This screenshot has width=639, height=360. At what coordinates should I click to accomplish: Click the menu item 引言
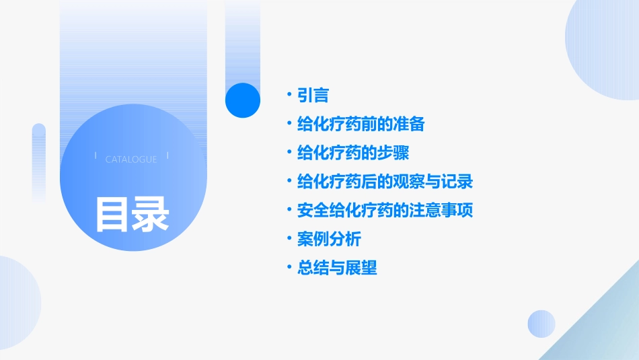tap(313, 96)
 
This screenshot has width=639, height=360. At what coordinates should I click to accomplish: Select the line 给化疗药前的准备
tap(361, 124)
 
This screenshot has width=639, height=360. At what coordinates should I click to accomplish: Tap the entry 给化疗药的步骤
tap(352, 153)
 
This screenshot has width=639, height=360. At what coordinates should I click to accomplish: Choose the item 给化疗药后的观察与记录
tap(385, 182)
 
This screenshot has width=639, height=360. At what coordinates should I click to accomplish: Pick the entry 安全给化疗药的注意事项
tap(385, 211)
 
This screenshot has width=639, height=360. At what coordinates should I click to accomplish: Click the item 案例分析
tap(329, 239)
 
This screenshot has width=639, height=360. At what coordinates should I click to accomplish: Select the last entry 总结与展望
tap(337, 268)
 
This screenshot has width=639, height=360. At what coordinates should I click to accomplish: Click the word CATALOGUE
tap(131, 159)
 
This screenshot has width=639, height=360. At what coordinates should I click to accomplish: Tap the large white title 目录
tap(132, 214)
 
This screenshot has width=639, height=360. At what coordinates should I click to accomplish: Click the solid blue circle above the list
tap(242, 100)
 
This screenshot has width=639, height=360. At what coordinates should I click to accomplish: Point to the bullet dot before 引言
tap(289, 96)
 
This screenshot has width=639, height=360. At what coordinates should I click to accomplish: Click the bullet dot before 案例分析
tap(289, 239)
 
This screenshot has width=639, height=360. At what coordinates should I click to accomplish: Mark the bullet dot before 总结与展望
tap(289, 268)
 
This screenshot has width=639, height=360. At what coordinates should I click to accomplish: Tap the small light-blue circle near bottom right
tap(541, 324)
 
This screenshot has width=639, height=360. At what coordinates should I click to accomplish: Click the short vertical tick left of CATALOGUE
tap(96, 155)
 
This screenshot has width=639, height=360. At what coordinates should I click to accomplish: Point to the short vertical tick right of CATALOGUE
tap(167, 155)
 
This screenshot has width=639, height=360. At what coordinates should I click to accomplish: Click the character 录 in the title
tap(151, 214)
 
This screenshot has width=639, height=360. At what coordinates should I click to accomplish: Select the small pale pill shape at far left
tap(39, 161)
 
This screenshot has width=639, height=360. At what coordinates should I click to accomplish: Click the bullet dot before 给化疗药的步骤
tap(289, 153)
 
